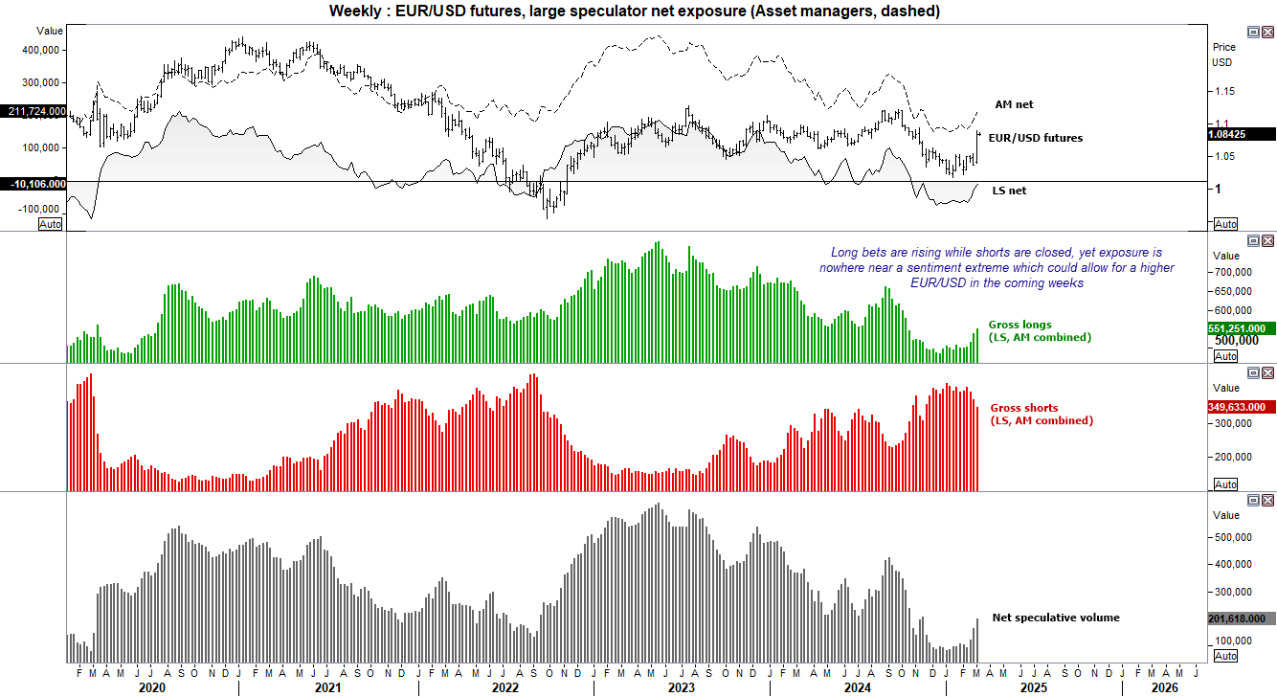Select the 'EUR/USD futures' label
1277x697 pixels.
pos(1036,138)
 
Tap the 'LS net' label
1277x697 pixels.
pos(1009,191)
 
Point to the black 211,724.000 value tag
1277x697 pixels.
pos(34,112)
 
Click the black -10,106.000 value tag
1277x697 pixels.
pos(34,184)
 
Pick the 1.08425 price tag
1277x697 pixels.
pos(1241,135)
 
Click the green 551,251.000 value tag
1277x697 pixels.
pos(1241,328)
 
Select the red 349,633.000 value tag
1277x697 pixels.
pos(1241,407)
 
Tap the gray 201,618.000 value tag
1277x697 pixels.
pos(1241,618)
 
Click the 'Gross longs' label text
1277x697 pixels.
pos(1019,326)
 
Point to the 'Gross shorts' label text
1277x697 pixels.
pos(1023,408)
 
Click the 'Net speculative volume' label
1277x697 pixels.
pos(1055,618)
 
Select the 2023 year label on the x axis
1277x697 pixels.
pos(681,687)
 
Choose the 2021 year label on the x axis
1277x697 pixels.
pos(327,687)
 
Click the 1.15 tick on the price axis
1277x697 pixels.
pos(1223,91)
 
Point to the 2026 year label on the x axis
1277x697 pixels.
pos(1163,687)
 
